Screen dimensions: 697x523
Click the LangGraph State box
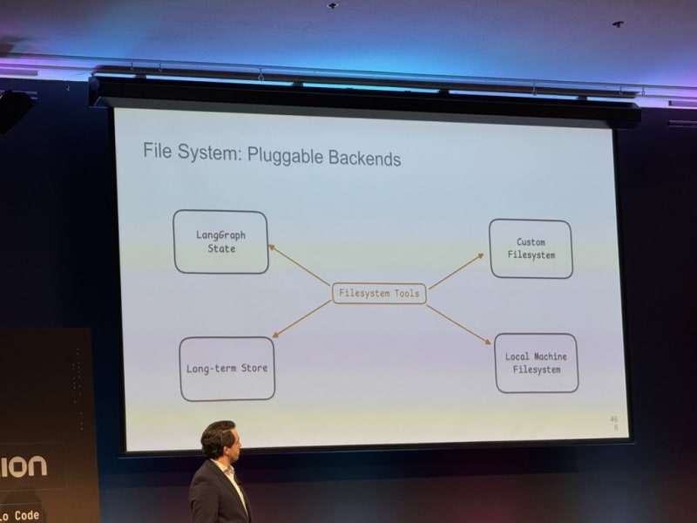220,241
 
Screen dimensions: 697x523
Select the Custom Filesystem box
531,248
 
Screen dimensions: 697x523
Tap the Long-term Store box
227,369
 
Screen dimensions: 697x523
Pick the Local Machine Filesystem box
536,363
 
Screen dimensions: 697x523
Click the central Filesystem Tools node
379,294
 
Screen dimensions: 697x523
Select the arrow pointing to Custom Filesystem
456,271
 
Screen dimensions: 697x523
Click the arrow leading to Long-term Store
301,319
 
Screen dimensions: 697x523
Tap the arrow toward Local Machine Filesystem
458,324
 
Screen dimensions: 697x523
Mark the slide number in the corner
614,424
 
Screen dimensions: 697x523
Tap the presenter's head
218,440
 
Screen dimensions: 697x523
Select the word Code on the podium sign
27,515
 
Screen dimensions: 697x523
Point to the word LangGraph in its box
220,234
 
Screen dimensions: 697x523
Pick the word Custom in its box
531,241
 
